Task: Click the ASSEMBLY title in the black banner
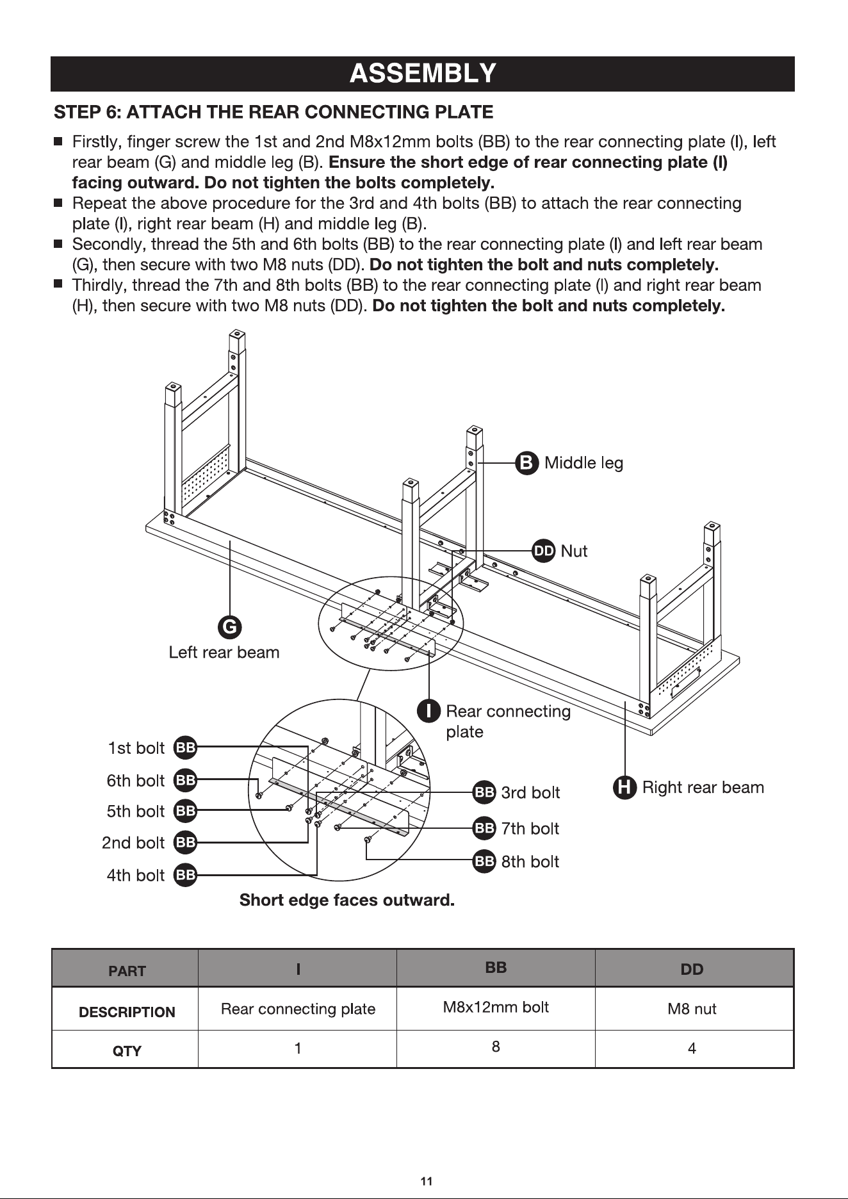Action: coord(423,74)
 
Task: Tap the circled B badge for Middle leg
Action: coord(527,462)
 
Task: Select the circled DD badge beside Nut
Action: coord(544,551)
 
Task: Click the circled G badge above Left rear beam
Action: coord(229,626)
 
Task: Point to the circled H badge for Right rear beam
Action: coord(625,787)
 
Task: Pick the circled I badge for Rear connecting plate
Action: coord(429,711)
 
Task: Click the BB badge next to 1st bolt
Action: coord(186,747)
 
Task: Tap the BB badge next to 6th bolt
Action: coord(186,780)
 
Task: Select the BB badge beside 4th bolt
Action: coord(186,875)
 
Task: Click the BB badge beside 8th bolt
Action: coord(484,861)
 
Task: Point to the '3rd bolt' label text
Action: coord(530,793)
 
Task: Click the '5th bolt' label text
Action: coord(136,812)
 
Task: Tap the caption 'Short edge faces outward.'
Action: coord(347,901)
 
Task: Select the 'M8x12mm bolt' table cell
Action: coord(496,1007)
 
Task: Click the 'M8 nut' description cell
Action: coord(692,1009)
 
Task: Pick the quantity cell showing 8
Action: coord(496,1047)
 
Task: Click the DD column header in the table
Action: coord(692,970)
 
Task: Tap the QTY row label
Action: coord(127,1051)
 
